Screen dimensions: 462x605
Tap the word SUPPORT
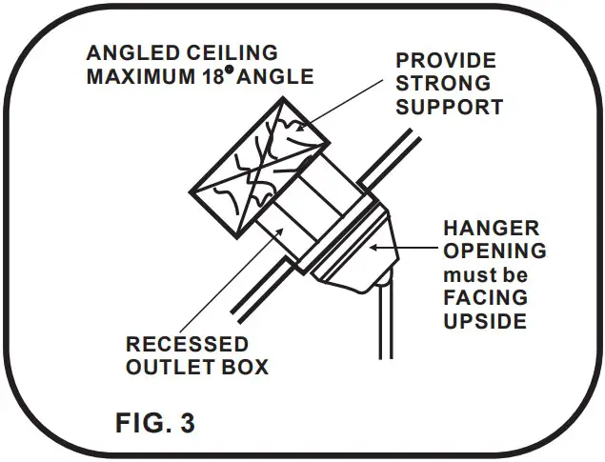coord(449,107)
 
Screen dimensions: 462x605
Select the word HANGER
coord(491,230)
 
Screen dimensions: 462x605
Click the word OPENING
coord(495,252)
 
